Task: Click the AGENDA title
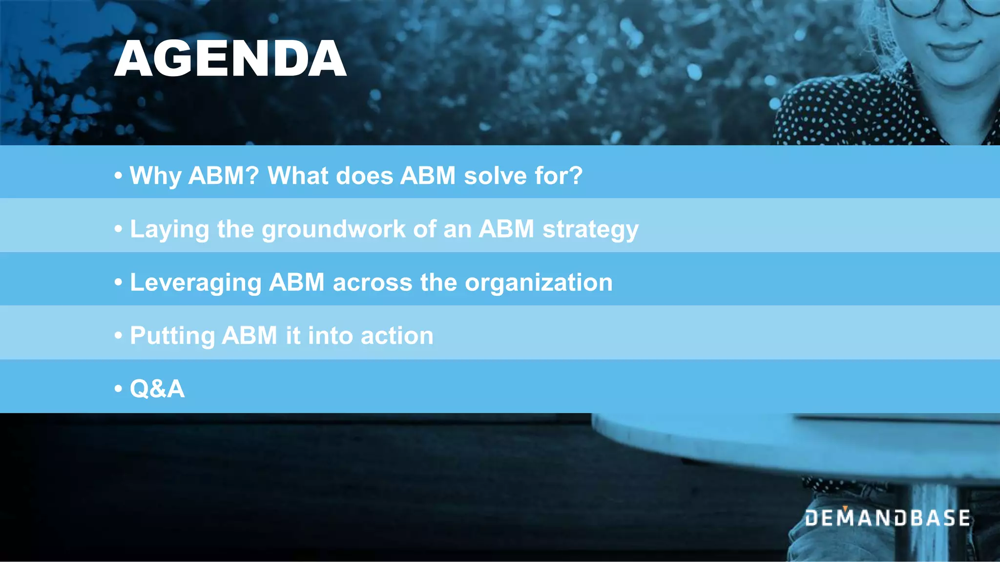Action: point(230,59)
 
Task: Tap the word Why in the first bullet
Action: point(155,176)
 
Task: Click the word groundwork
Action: point(333,229)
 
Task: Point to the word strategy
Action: point(590,229)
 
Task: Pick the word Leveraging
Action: point(195,283)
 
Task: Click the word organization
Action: point(539,283)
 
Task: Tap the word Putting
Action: point(172,336)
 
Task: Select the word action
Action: point(397,336)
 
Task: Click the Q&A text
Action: point(157,389)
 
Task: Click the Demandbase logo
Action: point(887,518)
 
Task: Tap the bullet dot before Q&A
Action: point(118,389)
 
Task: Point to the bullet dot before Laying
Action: point(118,229)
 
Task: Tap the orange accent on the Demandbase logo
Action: point(845,509)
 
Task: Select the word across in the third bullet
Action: point(372,283)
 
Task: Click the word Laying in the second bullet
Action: point(169,229)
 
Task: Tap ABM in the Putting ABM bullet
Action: point(250,336)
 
